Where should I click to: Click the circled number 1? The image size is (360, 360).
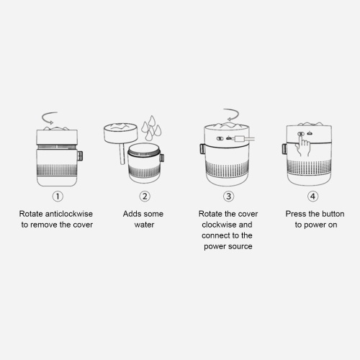tap(58, 197)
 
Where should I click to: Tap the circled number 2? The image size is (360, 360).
tap(145, 197)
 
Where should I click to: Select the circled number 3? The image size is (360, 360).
tap(228, 197)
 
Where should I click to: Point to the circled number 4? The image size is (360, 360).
tap(312, 197)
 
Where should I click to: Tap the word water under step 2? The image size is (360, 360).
tap(144, 225)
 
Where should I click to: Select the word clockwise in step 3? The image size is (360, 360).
tap(217, 225)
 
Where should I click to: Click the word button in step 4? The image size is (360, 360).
tap(333, 214)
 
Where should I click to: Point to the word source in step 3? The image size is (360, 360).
tap(240, 246)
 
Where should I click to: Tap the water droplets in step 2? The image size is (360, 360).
tap(151, 128)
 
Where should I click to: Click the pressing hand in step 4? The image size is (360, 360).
tap(304, 145)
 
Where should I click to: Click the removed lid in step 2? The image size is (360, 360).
tap(121, 132)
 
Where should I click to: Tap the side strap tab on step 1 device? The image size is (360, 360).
tap(80, 156)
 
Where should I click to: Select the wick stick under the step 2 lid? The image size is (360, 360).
tap(122, 153)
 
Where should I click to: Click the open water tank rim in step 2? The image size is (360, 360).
tap(144, 150)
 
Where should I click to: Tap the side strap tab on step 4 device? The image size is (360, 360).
tap(284, 149)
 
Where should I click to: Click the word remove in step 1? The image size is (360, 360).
tap(44, 225)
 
